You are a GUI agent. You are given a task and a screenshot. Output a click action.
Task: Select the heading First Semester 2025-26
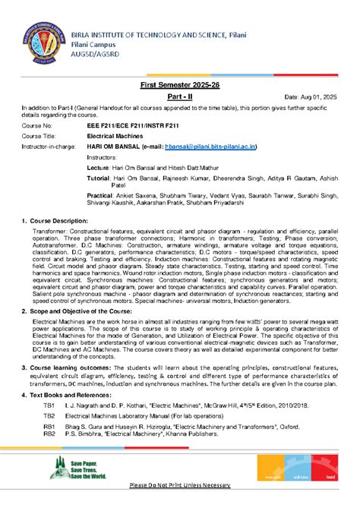(x=180, y=89)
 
